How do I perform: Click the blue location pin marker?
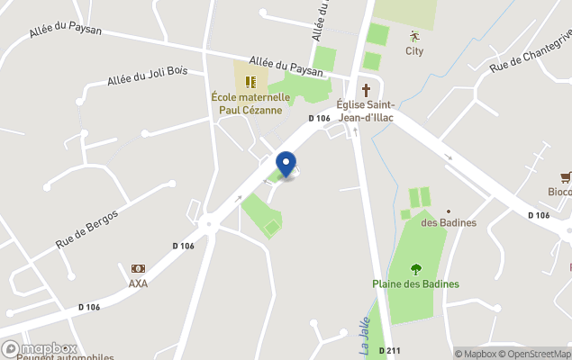[x=286, y=164]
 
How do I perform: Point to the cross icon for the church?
[x=366, y=90]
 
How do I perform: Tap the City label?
[x=414, y=51]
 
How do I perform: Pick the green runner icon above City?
[x=414, y=37]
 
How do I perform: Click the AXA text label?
[x=138, y=283]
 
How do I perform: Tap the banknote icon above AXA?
[x=138, y=268]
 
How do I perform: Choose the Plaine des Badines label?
[x=415, y=283]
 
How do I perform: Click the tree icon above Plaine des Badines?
[x=415, y=268]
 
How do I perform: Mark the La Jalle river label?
[x=353, y=325]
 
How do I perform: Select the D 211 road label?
[x=389, y=350]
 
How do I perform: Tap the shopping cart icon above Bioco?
[x=565, y=176]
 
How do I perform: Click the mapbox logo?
[x=40, y=348]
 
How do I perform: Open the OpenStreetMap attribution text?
[x=536, y=354]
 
